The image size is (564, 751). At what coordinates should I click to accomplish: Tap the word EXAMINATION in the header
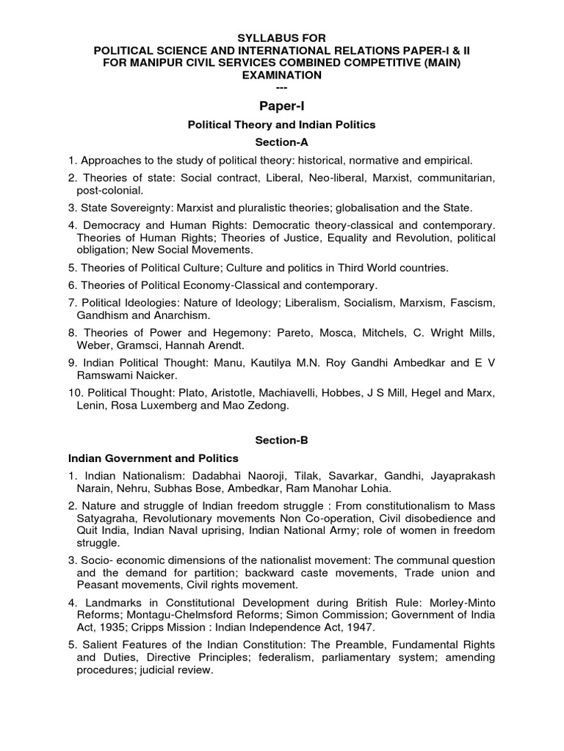click(282, 75)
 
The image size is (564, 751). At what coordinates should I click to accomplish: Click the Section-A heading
click(282, 142)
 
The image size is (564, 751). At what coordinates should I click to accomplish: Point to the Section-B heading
click(282, 440)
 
